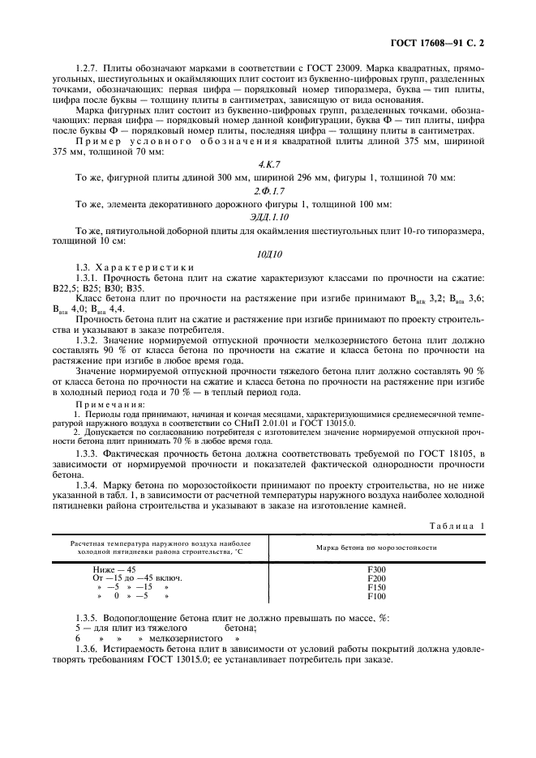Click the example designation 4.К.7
coord(268,164)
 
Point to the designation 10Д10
coord(268,252)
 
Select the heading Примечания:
coord(109,403)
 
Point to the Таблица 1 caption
coord(457,526)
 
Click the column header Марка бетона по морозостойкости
coord(376,547)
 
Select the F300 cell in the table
coord(376,570)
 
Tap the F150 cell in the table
coord(376,589)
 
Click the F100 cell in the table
coord(376,598)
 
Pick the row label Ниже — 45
coord(114,570)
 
